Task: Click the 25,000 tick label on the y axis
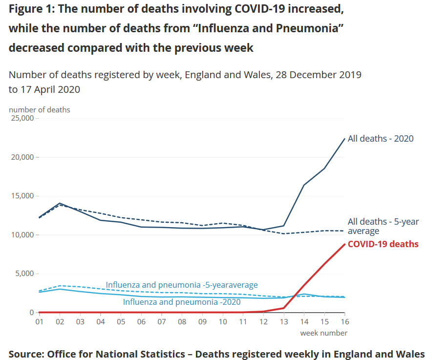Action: pyautogui.click(x=21, y=118)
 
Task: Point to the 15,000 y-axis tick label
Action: pyautogui.click(x=21, y=196)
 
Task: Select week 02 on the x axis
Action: pyautogui.click(x=60, y=322)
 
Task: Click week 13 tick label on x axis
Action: pyautogui.click(x=283, y=322)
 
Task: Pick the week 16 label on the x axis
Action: pyautogui.click(x=344, y=322)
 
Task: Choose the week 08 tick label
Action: pyautogui.click(x=182, y=322)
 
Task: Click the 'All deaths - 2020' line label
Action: pyautogui.click(x=381, y=139)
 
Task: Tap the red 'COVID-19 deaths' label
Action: pyautogui.click(x=383, y=244)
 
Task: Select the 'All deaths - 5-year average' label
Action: pyautogui.click(x=383, y=226)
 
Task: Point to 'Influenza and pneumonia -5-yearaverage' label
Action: pyautogui.click(x=182, y=285)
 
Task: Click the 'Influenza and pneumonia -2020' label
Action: pyautogui.click(x=182, y=302)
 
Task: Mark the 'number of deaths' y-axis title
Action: pyautogui.click(x=40, y=109)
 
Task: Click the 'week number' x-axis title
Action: pyautogui.click(x=324, y=333)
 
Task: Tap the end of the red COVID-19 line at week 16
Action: pyautogui.click(x=344, y=244)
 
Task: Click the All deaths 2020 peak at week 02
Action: pyautogui.click(x=60, y=203)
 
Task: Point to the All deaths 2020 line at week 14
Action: pyautogui.click(x=304, y=185)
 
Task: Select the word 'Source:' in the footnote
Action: pyautogui.click(x=26, y=354)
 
